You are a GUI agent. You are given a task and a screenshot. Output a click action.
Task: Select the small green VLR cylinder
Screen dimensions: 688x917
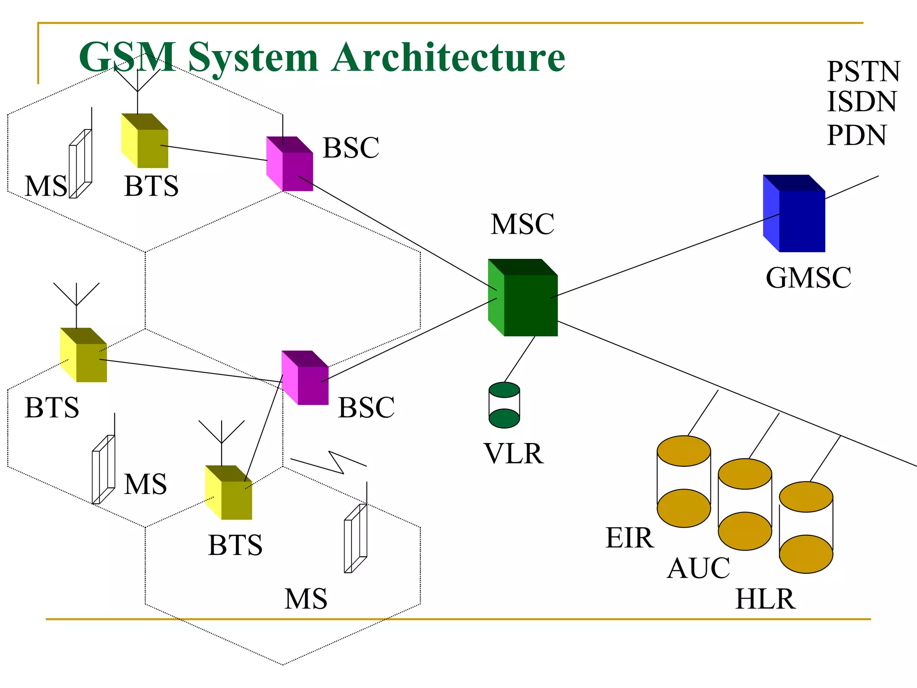(x=504, y=405)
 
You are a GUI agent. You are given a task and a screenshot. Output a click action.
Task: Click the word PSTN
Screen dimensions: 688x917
(x=863, y=72)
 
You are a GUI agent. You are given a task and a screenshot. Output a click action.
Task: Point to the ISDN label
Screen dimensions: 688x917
(x=861, y=102)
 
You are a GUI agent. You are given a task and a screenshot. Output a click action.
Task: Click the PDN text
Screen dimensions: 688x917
(x=856, y=135)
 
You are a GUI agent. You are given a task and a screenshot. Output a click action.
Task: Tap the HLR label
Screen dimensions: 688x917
(x=765, y=599)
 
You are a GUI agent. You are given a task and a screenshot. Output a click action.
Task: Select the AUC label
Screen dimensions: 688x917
(x=698, y=568)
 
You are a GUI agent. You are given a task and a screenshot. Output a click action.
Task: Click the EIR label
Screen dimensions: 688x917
(x=630, y=537)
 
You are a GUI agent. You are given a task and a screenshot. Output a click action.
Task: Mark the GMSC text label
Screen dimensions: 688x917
(x=808, y=278)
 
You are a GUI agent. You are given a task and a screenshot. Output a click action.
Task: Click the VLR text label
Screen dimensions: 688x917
(x=514, y=454)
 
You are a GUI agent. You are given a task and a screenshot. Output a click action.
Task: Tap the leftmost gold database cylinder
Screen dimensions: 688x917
(x=683, y=482)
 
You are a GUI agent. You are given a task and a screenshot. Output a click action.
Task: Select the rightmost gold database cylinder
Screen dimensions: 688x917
(x=806, y=527)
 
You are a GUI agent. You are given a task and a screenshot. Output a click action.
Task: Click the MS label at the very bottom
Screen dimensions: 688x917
(x=306, y=599)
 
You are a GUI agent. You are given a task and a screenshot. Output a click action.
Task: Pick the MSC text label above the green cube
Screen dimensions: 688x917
(x=522, y=224)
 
